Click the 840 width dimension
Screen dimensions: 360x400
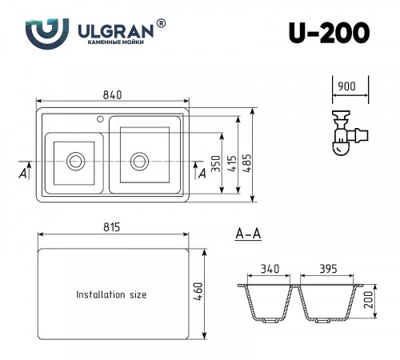click(x=112, y=96)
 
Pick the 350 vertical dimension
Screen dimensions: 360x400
click(x=214, y=162)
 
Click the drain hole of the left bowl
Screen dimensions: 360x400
click(x=76, y=159)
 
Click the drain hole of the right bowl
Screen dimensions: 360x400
click(x=141, y=158)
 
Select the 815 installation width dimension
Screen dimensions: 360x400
click(x=112, y=228)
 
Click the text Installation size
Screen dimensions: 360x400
click(x=111, y=294)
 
